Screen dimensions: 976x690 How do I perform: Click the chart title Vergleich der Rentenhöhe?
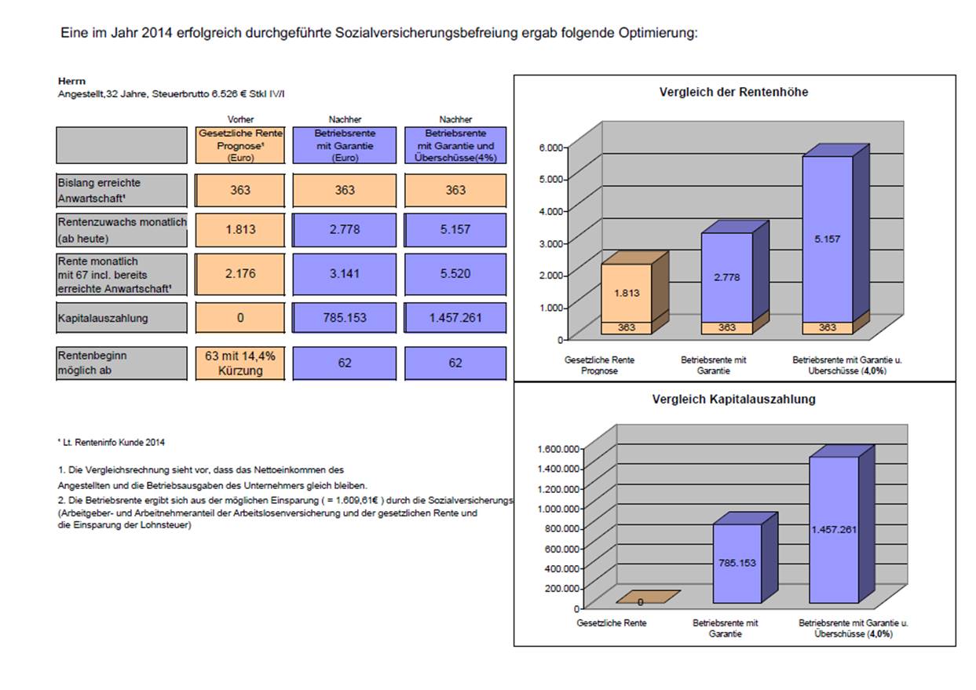coord(733,92)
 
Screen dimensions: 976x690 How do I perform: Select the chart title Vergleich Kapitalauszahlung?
coord(733,399)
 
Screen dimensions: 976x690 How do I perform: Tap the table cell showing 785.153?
coord(345,318)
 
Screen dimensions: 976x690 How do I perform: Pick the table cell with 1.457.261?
coord(455,318)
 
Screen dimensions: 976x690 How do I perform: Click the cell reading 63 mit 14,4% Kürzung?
coord(240,363)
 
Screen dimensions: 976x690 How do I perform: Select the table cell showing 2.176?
coord(240,274)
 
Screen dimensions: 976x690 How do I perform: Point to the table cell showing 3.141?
coord(345,274)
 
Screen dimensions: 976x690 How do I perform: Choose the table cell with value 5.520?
coord(455,274)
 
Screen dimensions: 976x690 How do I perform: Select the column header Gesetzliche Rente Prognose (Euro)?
coord(240,145)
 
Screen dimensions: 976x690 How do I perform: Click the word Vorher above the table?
coord(240,119)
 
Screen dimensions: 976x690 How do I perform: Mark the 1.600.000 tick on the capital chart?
coord(558,449)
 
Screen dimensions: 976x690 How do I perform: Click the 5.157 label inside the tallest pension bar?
coord(827,239)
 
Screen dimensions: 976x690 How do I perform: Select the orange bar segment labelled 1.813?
coord(627,293)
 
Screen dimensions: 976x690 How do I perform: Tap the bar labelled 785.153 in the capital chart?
coord(737,564)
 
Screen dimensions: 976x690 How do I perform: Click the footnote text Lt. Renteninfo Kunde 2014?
coord(113,443)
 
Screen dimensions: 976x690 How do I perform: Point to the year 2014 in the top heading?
coord(156,33)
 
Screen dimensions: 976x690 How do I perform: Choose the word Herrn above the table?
coord(71,81)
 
